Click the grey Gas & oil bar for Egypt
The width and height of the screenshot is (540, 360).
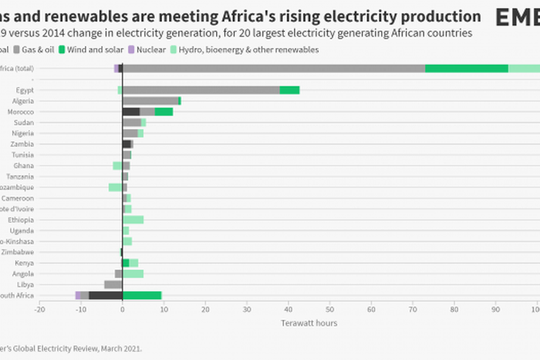point(201,90)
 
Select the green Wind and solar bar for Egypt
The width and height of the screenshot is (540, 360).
point(289,90)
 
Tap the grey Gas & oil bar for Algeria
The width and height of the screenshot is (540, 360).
point(150,101)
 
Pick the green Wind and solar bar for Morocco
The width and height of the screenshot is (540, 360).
point(164,112)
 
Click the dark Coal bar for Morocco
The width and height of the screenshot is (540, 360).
point(130,112)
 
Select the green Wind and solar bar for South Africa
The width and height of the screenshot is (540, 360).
point(142,295)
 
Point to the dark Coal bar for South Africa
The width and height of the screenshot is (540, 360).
point(105,295)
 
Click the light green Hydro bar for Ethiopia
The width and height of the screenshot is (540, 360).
point(133,220)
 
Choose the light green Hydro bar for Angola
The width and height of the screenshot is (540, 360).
point(133,274)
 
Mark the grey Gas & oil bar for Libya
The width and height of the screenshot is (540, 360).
point(113,284)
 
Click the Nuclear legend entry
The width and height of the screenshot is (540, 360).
point(147,49)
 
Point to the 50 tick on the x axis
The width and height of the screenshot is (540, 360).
point(329,309)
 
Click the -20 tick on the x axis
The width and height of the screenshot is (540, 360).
point(39,309)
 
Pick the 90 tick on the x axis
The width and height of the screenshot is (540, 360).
point(495,309)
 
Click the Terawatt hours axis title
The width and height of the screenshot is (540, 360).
point(309,323)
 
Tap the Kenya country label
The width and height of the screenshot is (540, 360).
point(24,263)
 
